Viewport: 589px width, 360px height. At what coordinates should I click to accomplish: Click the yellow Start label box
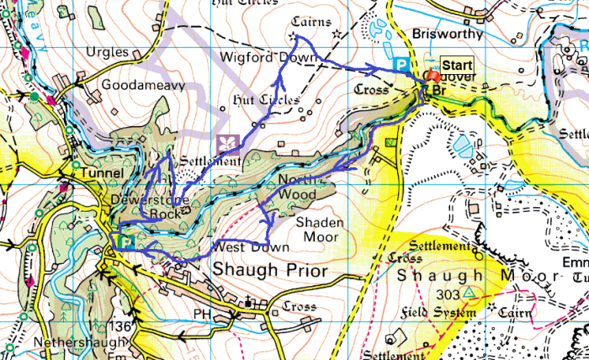457,64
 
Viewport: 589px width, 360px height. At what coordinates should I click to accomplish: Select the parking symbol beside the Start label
403,64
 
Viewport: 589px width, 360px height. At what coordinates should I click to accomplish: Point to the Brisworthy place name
448,34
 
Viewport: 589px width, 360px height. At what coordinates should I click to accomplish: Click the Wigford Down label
268,58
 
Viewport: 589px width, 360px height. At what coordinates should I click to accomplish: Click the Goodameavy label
135,85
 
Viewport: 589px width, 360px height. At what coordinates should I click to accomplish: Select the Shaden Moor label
321,230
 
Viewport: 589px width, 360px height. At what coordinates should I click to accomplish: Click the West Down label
251,247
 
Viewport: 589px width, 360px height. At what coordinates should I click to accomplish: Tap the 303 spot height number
449,294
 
